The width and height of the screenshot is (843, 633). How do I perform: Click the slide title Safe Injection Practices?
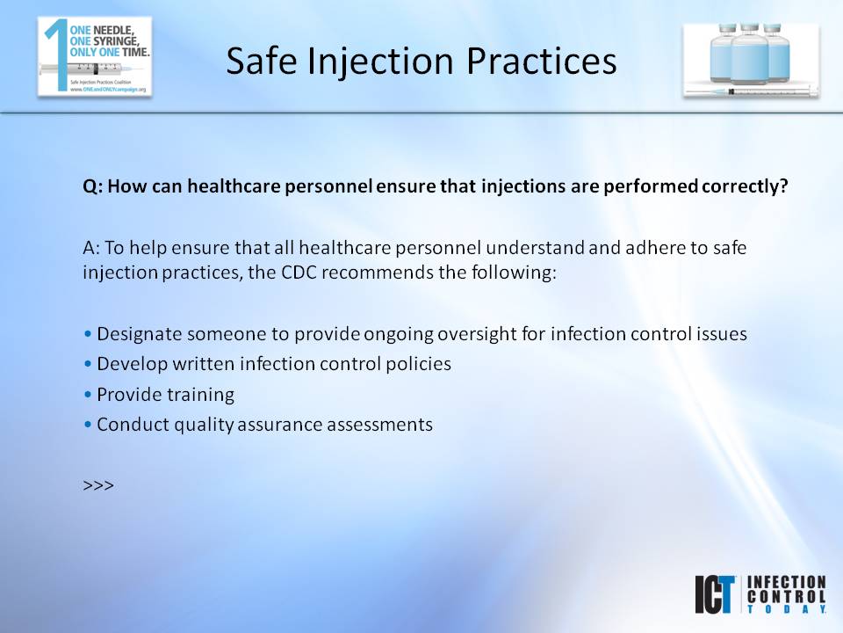coord(421,61)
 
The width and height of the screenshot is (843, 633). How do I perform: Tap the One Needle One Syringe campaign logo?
coord(95,56)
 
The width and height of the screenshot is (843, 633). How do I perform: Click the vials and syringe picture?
coord(752,60)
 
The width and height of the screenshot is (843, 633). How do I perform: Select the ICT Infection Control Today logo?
coord(760,594)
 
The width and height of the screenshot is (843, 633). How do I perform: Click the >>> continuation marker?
coord(98,484)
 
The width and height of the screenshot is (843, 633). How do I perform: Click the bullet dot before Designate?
coord(88,335)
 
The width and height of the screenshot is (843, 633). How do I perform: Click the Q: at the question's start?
coord(93,187)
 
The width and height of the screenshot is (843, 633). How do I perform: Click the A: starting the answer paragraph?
coord(92,249)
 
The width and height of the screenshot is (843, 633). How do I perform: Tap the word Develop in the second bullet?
coord(129,364)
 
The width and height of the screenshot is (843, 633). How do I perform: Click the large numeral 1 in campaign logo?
coord(54,53)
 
